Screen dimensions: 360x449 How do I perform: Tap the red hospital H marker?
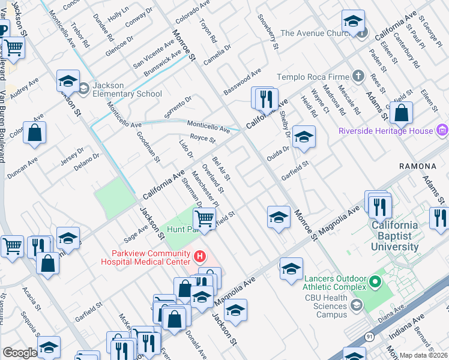[x=199, y=257]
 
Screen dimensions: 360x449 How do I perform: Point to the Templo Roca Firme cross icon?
[x=358, y=76]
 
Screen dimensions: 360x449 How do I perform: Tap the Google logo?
[x=20, y=353]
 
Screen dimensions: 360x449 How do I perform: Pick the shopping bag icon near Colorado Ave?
[x=35, y=133]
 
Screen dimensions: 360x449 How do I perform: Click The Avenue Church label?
[x=315, y=34]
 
